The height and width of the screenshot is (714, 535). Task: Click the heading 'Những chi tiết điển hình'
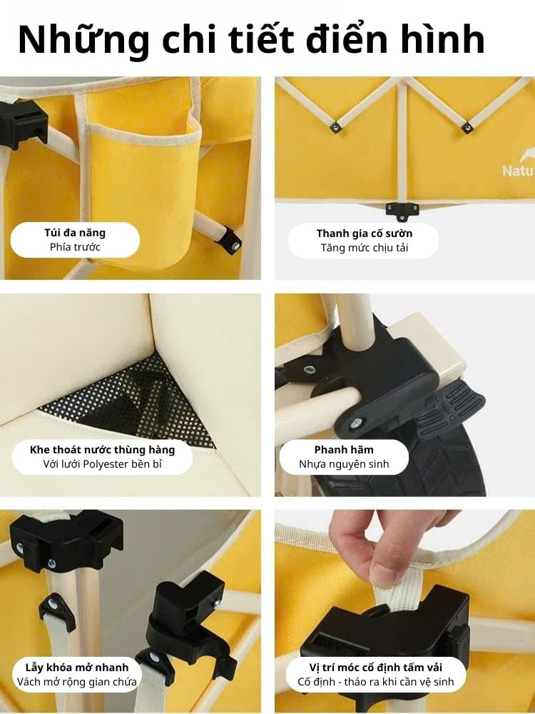pos(251,39)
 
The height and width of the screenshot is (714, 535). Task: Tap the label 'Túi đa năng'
pos(75,233)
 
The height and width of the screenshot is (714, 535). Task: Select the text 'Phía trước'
pos(75,247)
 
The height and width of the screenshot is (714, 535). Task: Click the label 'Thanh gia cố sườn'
pos(364,233)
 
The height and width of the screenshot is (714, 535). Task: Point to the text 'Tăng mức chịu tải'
pos(364,248)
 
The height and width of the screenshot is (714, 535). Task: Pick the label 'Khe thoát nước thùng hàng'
pos(102,450)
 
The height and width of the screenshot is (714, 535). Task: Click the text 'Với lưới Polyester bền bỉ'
pos(102,465)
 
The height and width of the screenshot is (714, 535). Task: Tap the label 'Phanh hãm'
pos(344,450)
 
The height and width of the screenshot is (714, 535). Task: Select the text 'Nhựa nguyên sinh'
pos(344,465)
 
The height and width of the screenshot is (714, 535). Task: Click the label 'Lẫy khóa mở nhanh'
pos(77,667)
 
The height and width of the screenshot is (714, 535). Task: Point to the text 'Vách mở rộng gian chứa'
pos(77,682)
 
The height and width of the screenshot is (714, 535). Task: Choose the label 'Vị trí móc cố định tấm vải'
pos(376,667)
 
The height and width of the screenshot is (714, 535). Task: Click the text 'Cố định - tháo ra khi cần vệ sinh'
pos(376,682)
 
